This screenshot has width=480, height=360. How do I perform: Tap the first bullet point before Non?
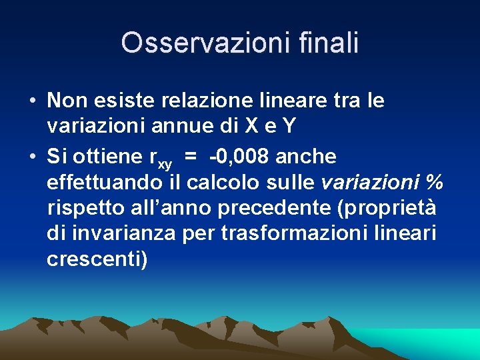pyautogui.click(x=32, y=102)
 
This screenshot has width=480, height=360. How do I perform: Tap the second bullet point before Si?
pyautogui.click(x=32, y=157)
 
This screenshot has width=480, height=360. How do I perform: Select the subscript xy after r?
pyautogui.click(x=165, y=163)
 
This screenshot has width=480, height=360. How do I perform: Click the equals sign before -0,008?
pyautogui.click(x=191, y=157)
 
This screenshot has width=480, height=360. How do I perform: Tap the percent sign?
pyautogui.click(x=434, y=182)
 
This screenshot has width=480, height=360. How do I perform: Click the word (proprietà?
pyautogui.click(x=389, y=208)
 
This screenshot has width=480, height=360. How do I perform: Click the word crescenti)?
pyautogui.click(x=97, y=259)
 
